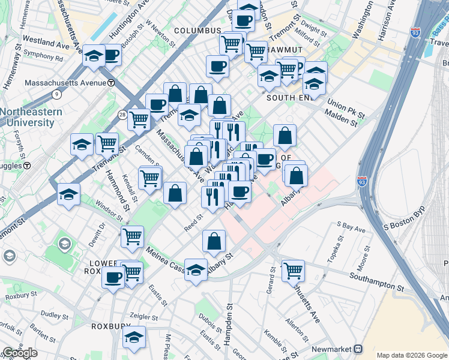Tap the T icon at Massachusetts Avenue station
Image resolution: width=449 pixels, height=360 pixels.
coord(111,82)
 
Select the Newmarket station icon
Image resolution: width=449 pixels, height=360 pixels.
coord(358,348)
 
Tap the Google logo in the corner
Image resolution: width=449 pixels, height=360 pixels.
coord(19,353)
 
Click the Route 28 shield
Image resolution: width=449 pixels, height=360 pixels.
coord(122,114)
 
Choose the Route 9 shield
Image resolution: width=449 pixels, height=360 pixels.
coord(57,94)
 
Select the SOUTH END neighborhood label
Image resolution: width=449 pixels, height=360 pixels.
coord(289,98)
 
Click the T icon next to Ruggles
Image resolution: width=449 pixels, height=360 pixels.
coord(27,165)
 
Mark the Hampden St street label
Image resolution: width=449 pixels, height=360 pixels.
coord(228,325)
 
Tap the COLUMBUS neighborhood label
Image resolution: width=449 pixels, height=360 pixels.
coord(197,31)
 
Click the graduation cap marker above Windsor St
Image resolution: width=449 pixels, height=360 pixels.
coord(69,194)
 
